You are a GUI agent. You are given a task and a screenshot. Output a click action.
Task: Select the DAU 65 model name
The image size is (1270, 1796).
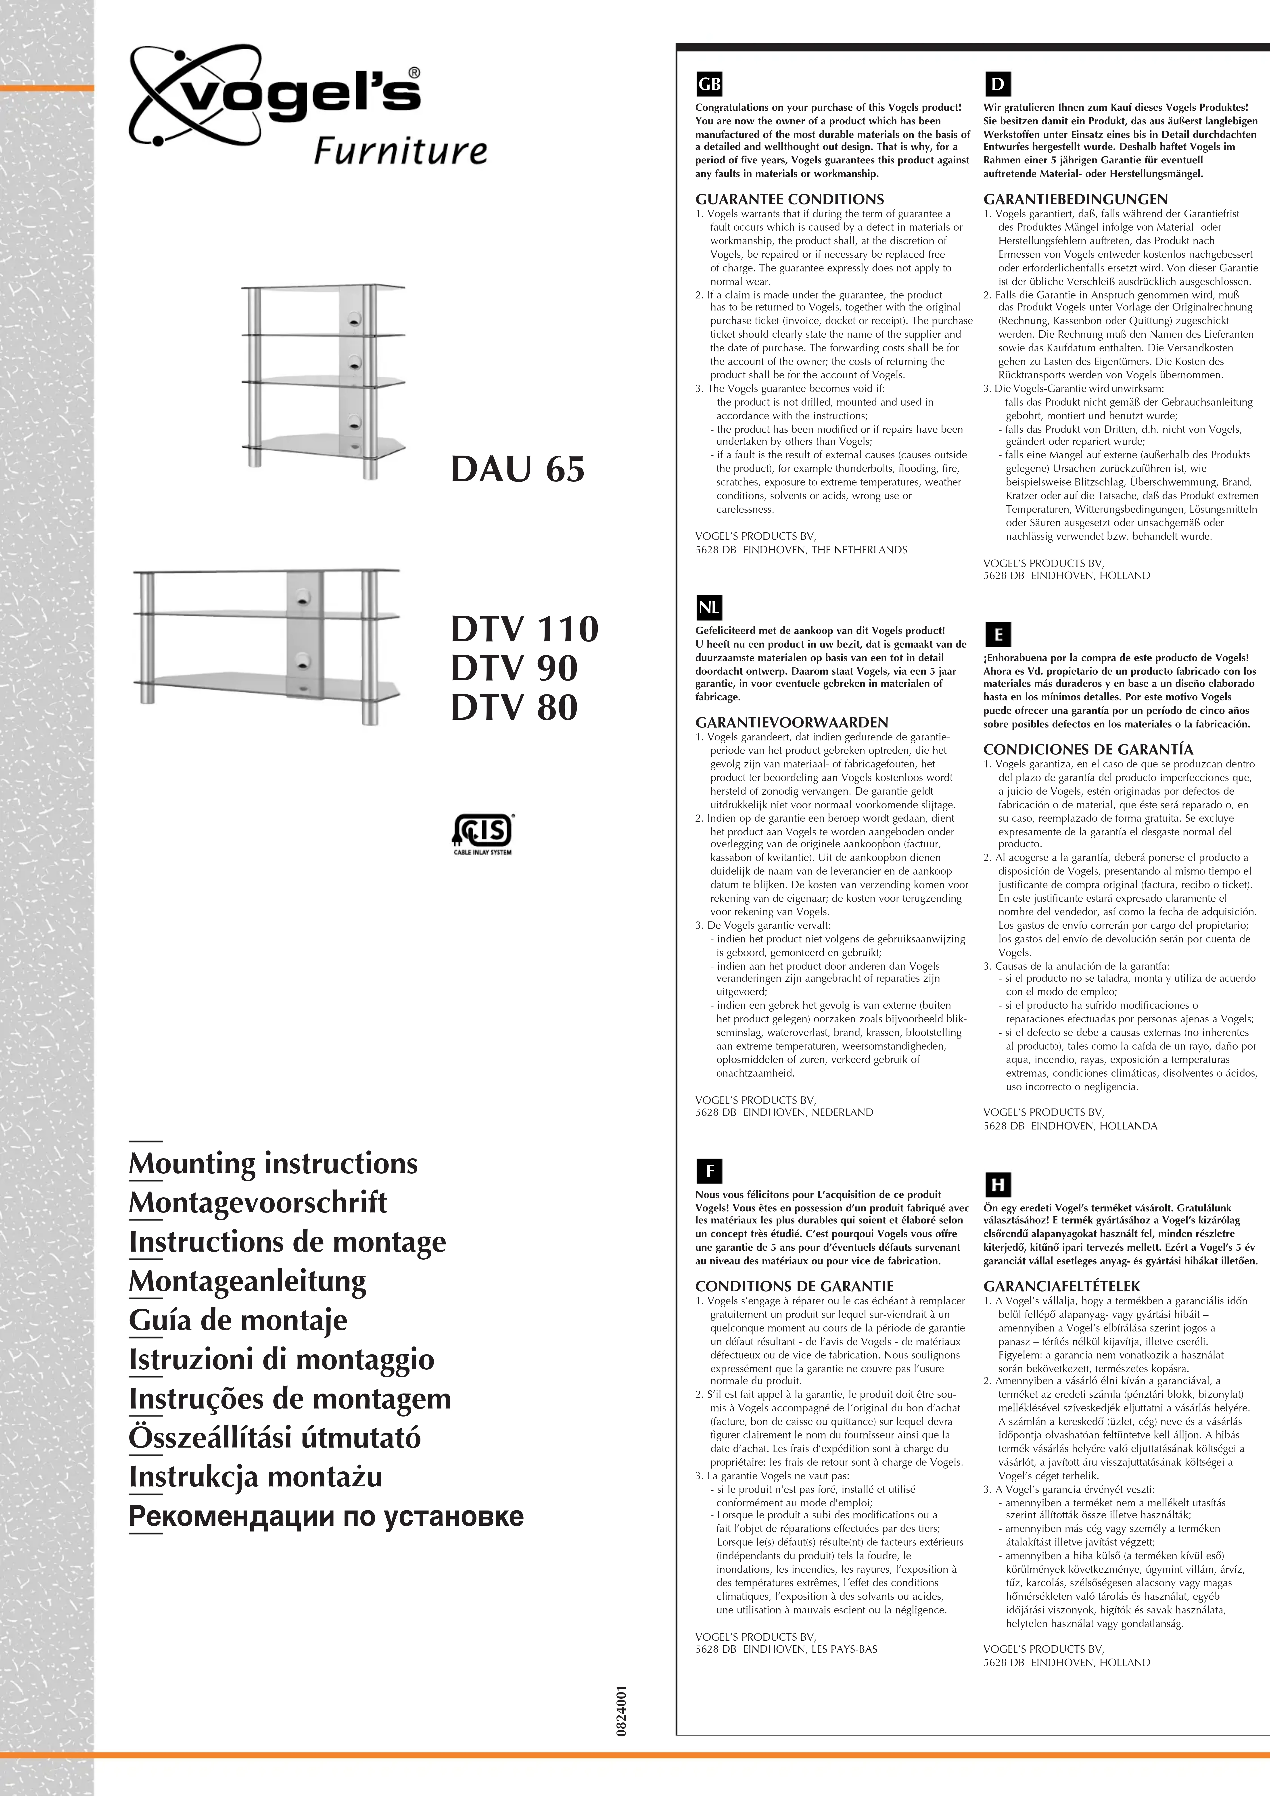[x=517, y=469]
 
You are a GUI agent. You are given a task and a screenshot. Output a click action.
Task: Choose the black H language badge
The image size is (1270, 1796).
[x=998, y=1184]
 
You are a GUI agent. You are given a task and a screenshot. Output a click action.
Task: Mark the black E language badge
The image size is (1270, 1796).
[x=998, y=634]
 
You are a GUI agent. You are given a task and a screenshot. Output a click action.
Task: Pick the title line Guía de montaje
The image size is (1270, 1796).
[x=238, y=1320]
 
